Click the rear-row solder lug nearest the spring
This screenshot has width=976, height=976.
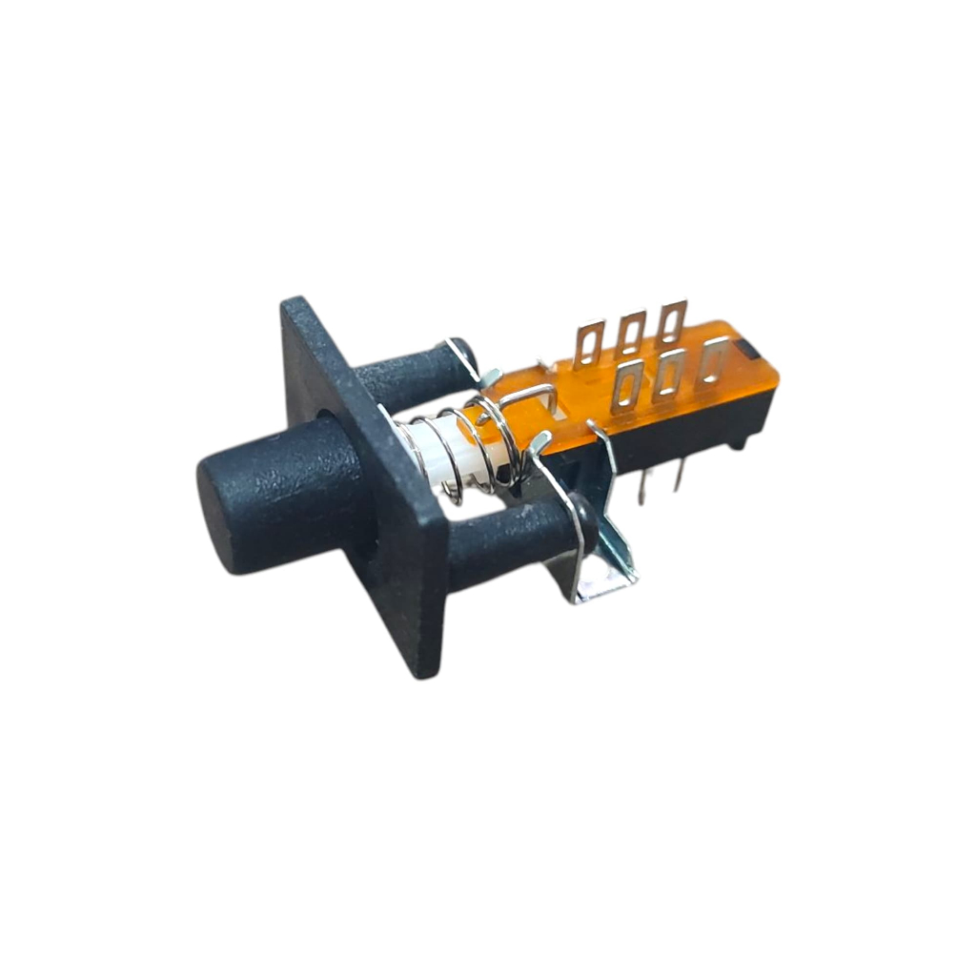(x=588, y=343)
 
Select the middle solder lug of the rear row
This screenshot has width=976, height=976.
(x=630, y=333)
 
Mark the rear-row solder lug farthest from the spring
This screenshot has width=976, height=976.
(x=671, y=322)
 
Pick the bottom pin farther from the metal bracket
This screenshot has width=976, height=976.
(x=679, y=475)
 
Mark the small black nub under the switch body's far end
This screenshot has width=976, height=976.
(x=736, y=443)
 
